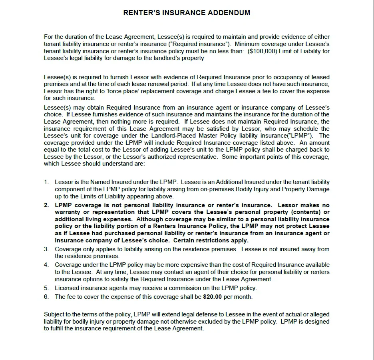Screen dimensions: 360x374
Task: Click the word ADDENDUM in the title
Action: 229,13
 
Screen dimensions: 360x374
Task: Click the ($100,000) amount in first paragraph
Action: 262,51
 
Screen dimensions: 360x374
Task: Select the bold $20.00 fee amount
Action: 212,297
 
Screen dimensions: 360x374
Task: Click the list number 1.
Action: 46,182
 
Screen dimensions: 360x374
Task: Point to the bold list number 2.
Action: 46,205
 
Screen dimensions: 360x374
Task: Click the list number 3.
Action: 46,249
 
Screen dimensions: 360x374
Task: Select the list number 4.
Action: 46,265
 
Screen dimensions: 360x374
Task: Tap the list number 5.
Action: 46,288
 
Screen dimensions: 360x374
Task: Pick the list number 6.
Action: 46,297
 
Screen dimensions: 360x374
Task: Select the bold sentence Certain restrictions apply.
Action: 211,240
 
